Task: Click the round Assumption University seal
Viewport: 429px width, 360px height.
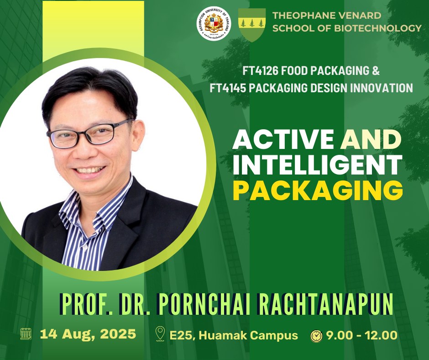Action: point(214,24)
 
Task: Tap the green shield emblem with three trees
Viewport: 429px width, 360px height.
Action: point(252,25)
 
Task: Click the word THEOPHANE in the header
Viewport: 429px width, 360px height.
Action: point(303,16)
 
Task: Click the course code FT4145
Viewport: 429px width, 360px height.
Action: point(228,88)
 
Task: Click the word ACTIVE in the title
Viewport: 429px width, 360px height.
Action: point(283,139)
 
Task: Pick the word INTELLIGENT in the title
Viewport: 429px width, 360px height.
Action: point(317,164)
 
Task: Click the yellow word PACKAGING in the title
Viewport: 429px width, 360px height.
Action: point(318,190)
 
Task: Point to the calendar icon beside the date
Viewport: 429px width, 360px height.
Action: point(26,334)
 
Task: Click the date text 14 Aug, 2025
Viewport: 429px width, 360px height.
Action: point(88,334)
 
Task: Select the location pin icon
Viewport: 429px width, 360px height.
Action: point(160,334)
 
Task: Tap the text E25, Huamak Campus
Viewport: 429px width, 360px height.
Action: point(234,335)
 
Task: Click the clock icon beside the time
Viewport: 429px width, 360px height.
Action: point(317,336)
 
